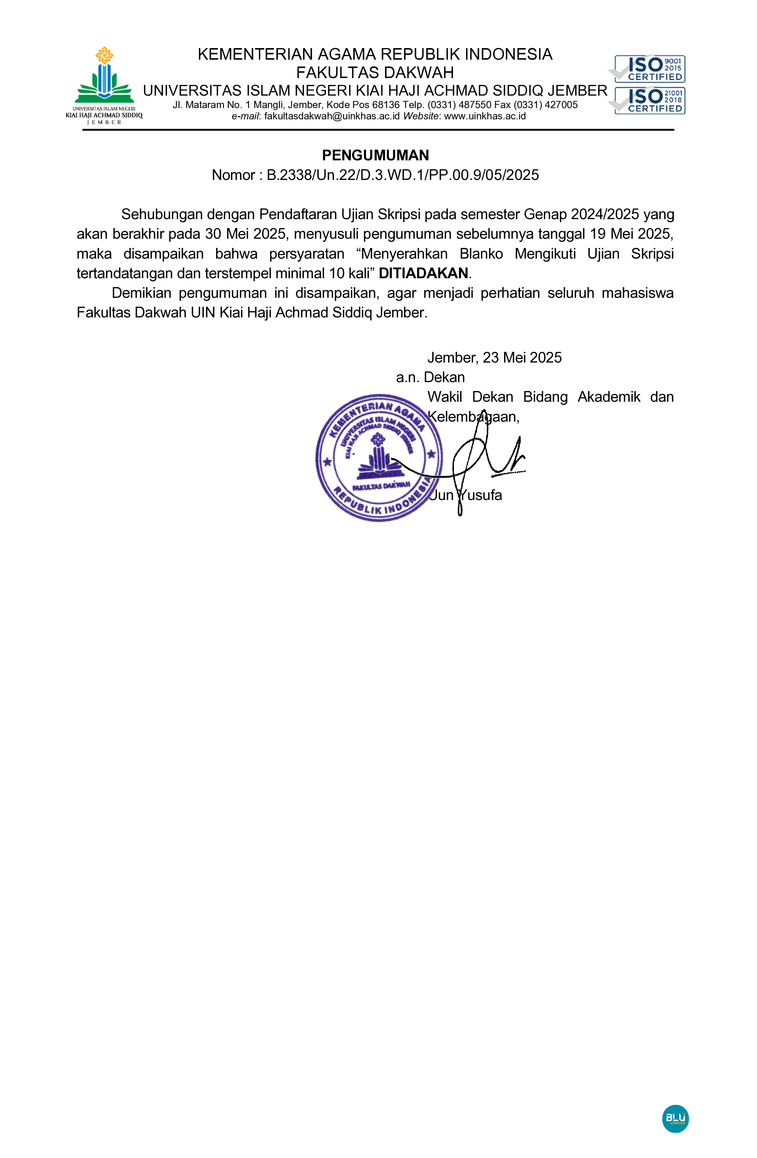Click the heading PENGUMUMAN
click(375, 155)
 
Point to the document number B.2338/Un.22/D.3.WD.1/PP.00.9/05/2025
click(402, 175)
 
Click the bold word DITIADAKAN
click(423, 273)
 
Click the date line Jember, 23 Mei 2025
click(494, 357)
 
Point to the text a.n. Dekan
click(430, 377)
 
